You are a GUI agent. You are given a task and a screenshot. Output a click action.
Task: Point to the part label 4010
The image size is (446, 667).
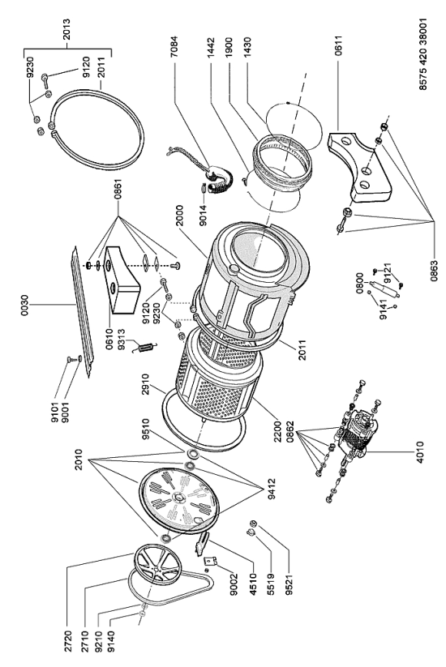tap(419, 451)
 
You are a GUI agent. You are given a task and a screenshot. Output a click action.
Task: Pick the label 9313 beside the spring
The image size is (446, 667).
tap(122, 340)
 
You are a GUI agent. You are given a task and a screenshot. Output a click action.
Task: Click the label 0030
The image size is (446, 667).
tap(24, 305)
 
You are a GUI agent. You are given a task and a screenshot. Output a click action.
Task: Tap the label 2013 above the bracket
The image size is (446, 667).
tap(66, 29)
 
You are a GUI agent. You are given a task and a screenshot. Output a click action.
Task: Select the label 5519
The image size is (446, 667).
tap(271, 584)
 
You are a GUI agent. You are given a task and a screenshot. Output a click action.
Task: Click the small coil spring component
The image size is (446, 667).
tap(145, 348)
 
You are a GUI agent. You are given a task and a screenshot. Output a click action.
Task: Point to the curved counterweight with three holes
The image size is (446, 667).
tap(360, 167)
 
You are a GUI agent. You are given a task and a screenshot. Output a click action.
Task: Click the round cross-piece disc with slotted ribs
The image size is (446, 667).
tap(179, 499)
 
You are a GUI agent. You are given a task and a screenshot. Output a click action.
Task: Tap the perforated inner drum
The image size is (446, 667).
tap(219, 378)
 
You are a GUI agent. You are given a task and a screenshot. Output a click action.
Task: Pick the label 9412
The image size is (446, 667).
tap(272, 490)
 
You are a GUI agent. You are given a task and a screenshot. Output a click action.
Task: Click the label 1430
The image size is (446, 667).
tap(247, 49)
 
